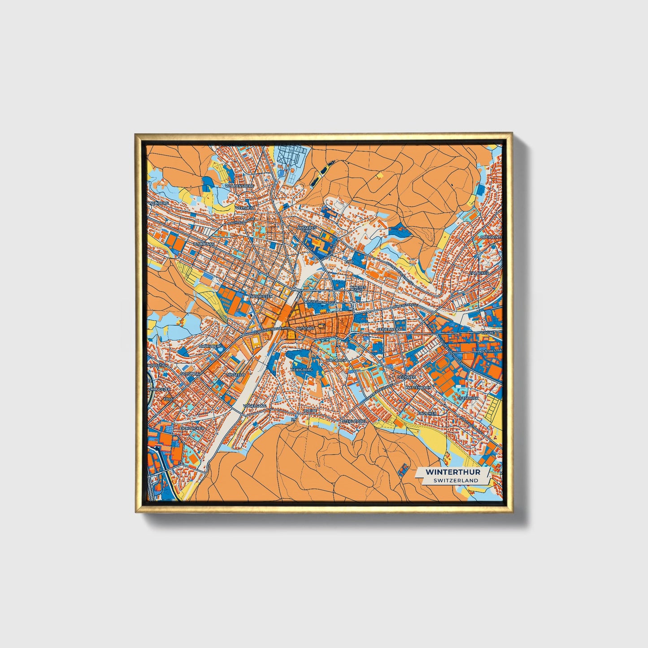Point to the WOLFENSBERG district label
(x=240, y=185)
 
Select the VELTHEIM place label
(x=246, y=209)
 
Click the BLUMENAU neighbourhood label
(x=204, y=244)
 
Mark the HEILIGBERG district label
(x=301, y=369)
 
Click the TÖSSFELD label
(x=235, y=374)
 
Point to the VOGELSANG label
(x=255, y=405)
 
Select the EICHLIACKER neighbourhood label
(x=192, y=428)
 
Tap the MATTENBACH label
(x=418, y=387)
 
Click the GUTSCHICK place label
(x=468, y=398)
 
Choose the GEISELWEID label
(x=388, y=329)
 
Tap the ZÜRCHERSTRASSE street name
(x=267, y=331)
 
